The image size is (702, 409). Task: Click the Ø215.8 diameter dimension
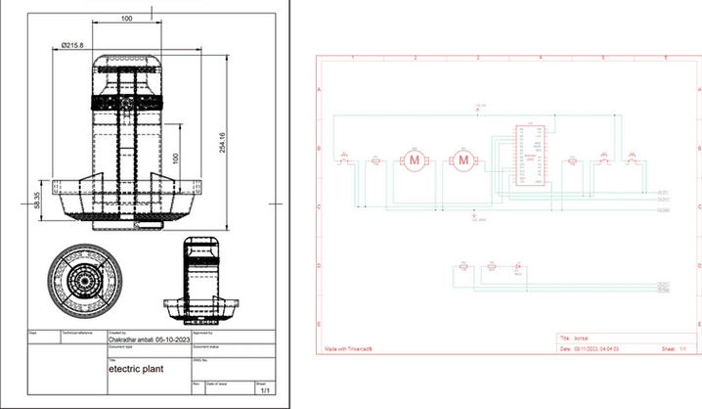pos(73,46)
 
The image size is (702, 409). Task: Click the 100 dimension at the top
pos(128,19)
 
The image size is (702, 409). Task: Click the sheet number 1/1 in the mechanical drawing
pos(264,389)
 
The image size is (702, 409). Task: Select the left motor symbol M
pos(414,159)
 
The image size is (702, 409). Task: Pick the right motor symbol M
pos(463,159)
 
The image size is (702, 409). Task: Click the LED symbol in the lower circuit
pos(518,265)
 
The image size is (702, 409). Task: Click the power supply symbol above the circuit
pos(479,107)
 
